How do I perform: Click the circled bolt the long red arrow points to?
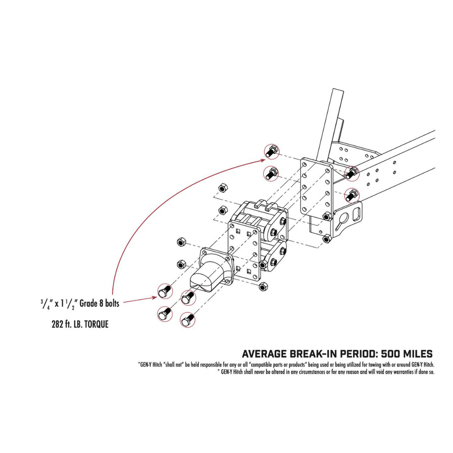click(271, 151)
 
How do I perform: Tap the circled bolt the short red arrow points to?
click(164, 291)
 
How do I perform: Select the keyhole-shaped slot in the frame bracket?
click(342, 219)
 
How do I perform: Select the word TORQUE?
click(93, 324)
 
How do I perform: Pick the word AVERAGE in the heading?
click(264, 354)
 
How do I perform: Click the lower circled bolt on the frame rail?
click(352, 195)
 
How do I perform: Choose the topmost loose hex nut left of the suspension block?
click(224, 188)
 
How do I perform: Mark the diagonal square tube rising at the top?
click(334, 119)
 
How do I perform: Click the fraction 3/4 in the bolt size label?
click(43, 303)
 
